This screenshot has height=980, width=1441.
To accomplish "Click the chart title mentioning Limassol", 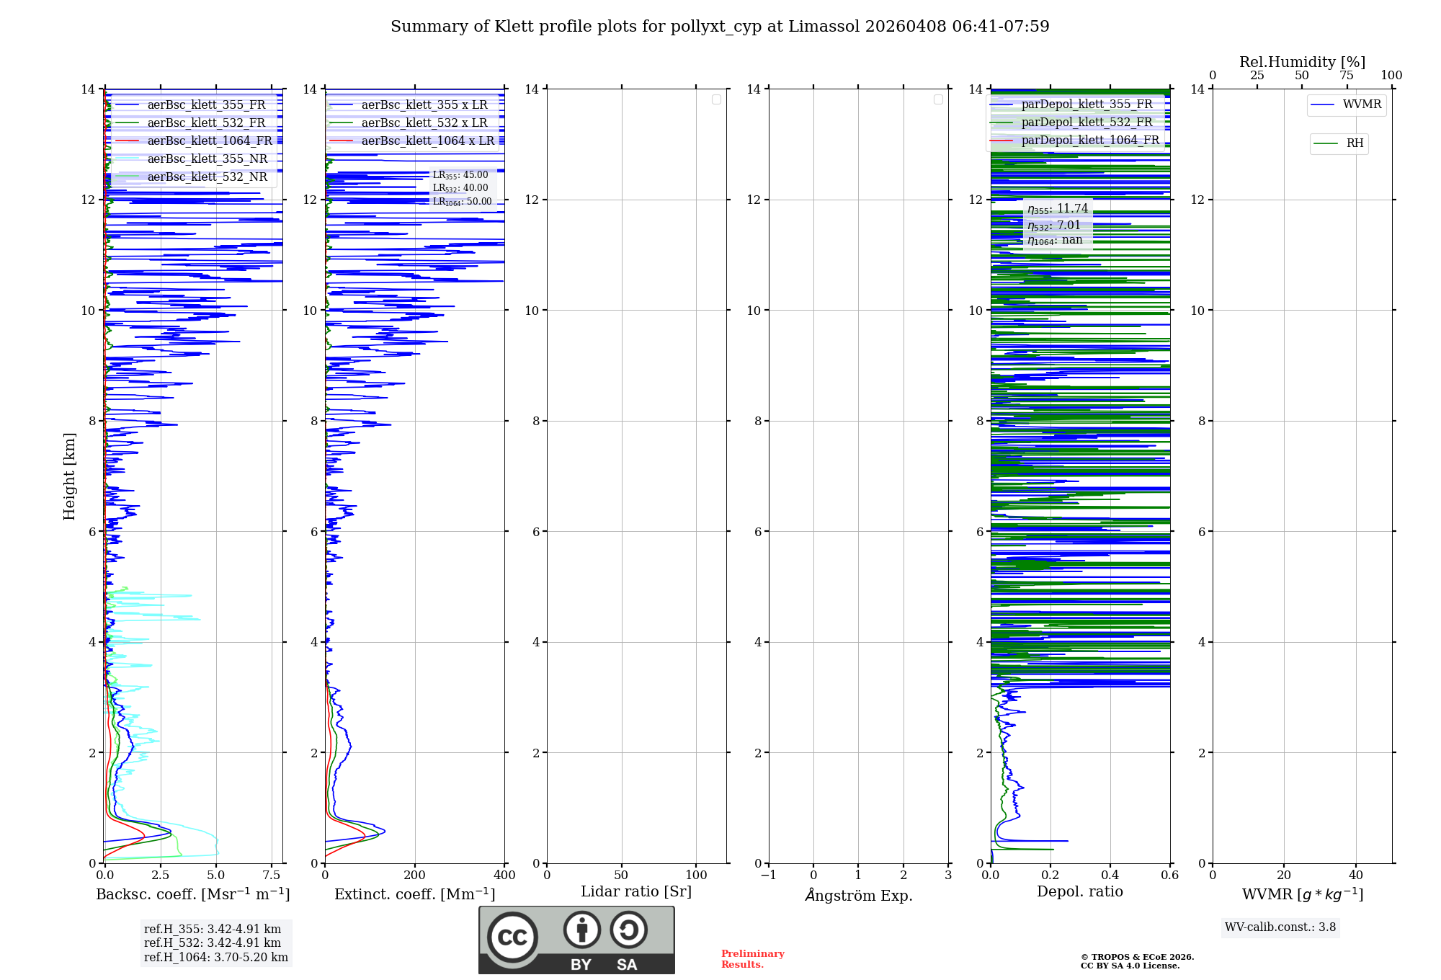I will [720, 27].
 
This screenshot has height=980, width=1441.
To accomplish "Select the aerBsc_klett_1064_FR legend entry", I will [210, 141].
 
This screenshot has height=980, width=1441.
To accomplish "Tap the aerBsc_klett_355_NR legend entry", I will [208, 159].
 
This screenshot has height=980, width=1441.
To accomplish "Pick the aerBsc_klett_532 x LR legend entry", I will [424, 123].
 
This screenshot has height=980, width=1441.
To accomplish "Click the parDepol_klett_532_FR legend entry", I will [1087, 122].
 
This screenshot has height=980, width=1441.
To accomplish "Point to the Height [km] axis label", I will [69, 476].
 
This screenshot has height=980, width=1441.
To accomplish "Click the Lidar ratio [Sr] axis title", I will [636, 892].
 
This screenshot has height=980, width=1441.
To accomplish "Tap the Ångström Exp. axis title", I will [859, 895].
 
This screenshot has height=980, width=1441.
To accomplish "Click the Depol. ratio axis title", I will [1079, 892].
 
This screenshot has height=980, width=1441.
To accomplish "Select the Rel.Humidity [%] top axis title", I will [1302, 62].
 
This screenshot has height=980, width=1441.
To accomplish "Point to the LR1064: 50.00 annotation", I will [462, 202].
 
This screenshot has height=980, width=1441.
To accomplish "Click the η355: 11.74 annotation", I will [1058, 209].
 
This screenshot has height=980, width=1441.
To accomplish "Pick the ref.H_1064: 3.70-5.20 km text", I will [215, 958].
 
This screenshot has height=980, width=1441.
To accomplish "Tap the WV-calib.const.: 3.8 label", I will [1280, 927].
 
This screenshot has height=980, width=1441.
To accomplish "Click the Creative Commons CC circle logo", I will [512, 937].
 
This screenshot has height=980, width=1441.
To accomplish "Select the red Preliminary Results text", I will [752, 959].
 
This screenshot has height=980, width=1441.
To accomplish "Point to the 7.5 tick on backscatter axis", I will [272, 876].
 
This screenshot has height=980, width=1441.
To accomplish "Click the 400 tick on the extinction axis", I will [504, 876].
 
